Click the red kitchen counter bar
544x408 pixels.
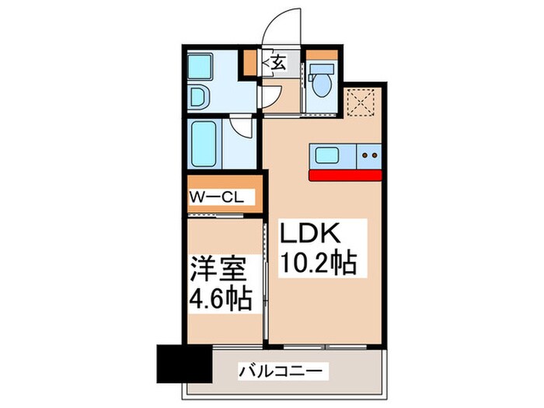346,174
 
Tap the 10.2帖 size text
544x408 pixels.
318,264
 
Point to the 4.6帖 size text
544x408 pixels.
221,299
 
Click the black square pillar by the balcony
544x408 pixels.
178,362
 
